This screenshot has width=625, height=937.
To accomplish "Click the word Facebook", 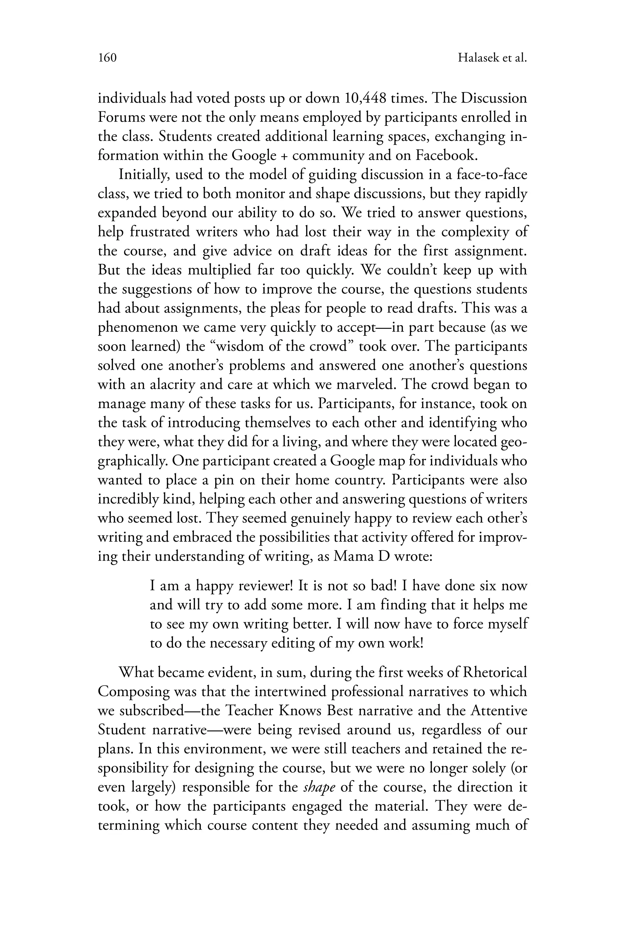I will click(446, 155).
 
